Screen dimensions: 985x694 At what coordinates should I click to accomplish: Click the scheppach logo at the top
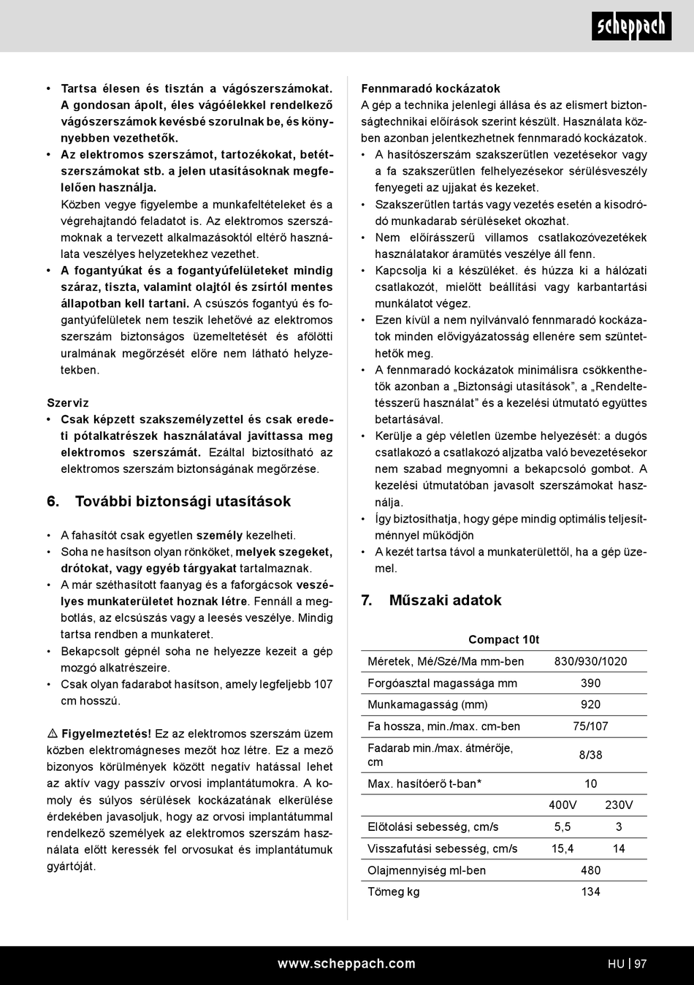(x=631, y=26)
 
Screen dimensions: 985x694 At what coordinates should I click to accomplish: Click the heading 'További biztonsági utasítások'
(x=183, y=501)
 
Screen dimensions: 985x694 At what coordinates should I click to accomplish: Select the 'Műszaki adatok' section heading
(x=445, y=600)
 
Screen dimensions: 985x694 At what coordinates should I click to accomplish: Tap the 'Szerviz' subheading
(x=67, y=403)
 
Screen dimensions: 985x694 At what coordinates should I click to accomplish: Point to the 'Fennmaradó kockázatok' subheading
(x=430, y=88)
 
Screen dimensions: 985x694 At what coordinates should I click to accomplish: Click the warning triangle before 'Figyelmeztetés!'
(x=53, y=734)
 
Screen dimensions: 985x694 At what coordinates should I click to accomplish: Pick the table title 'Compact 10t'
(x=503, y=639)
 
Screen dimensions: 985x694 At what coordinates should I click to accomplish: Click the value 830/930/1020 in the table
(x=590, y=661)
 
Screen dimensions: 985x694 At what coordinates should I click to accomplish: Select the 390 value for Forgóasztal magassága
(x=590, y=683)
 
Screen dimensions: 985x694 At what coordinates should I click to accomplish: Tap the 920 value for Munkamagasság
(x=590, y=704)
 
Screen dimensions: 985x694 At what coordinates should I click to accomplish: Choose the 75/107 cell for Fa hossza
(x=590, y=726)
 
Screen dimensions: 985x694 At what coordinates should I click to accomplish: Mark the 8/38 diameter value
(x=590, y=755)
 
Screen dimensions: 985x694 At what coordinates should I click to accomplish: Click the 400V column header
(x=563, y=805)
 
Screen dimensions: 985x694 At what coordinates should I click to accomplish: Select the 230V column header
(x=619, y=805)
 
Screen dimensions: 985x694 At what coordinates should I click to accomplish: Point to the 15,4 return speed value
(x=563, y=848)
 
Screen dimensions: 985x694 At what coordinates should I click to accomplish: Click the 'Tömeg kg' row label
(x=393, y=891)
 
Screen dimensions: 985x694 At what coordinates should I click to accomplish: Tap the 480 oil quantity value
(x=590, y=870)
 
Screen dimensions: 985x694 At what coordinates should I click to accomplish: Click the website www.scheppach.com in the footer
(x=346, y=964)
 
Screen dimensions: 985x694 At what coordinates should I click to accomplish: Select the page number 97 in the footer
(x=641, y=964)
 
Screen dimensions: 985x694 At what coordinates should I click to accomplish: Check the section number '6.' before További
(x=53, y=501)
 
